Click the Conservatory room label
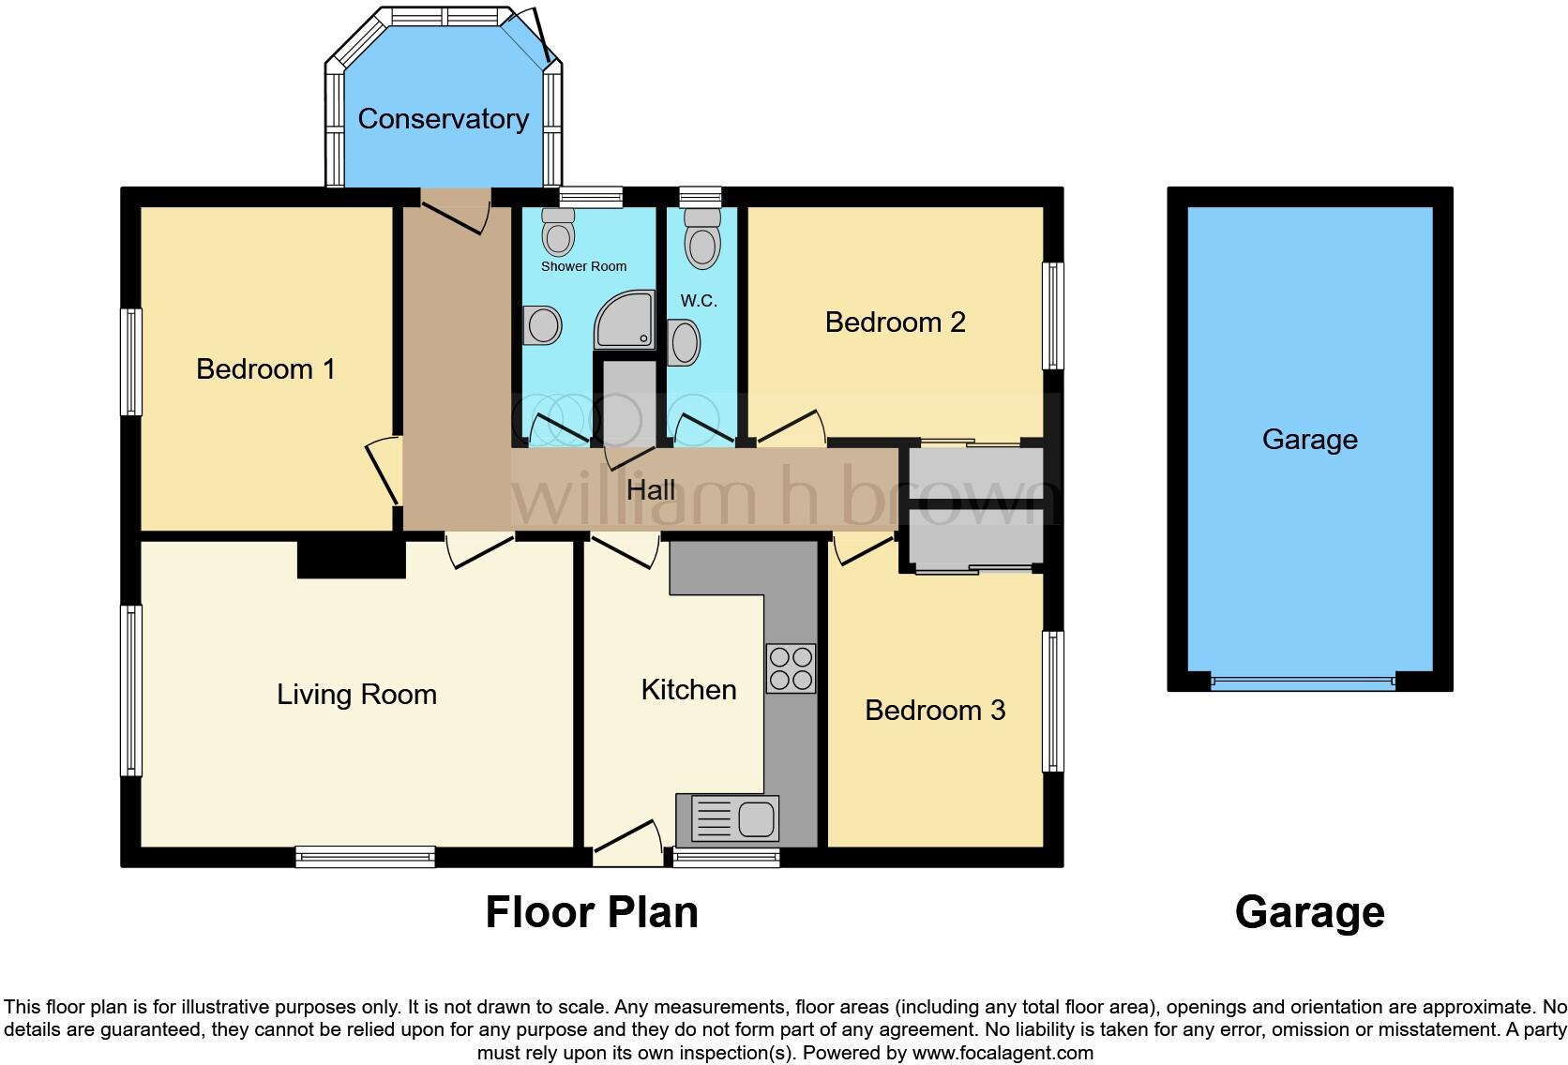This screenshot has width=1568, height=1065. (443, 119)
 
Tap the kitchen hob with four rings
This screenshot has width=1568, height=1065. (791, 668)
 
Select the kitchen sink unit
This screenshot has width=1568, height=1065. (734, 818)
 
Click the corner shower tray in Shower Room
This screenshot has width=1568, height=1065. (625, 321)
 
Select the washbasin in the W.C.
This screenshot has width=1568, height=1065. (685, 342)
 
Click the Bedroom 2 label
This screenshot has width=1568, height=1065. (895, 322)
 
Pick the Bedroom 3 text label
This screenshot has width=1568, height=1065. (934, 711)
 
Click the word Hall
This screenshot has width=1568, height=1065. (651, 490)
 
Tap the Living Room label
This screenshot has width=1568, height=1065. (356, 695)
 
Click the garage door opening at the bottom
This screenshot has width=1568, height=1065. (1304, 682)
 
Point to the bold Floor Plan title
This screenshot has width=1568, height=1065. (592, 912)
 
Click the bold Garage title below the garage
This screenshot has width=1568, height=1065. (1309, 912)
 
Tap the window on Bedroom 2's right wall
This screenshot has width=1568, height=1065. (1054, 316)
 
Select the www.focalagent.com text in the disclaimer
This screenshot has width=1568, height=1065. (1003, 1053)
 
